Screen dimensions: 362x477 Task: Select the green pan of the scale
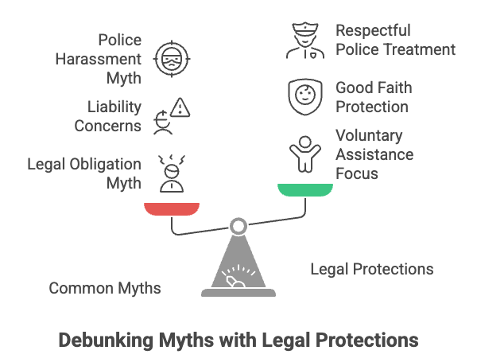[x=305, y=189]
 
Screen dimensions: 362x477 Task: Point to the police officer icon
[x=306, y=41]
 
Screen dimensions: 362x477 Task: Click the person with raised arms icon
[x=305, y=152]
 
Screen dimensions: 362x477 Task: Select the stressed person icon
[x=172, y=173]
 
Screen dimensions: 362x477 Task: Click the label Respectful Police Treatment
[x=395, y=40]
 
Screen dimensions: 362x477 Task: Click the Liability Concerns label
[x=108, y=115]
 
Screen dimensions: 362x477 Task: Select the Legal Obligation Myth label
[x=83, y=173]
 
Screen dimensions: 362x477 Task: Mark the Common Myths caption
[x=105, y=288]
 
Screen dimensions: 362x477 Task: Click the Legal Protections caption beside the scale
[x=372, y=269]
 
